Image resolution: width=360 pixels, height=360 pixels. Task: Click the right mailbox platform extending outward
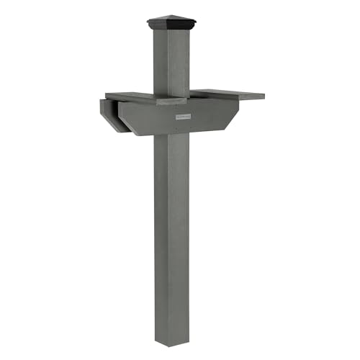[x=227, y=94]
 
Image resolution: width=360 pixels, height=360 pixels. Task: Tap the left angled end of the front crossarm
[x=127, y=122]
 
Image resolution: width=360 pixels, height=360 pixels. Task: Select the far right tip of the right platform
[x=263, y=95]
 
